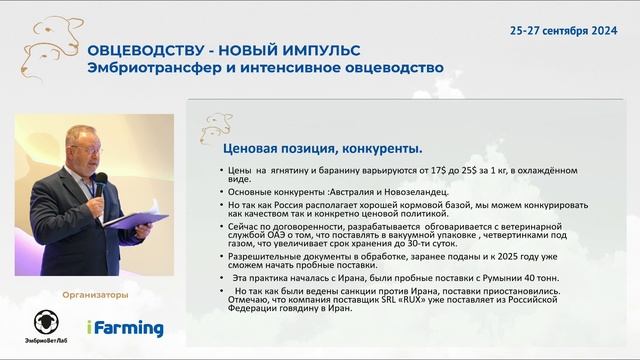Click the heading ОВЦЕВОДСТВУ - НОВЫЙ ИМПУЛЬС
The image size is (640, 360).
(224, 50)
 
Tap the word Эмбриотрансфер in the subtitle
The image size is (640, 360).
(151, 69)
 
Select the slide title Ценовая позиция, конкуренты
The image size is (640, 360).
(308, 148)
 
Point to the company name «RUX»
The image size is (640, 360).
(433, 300)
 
